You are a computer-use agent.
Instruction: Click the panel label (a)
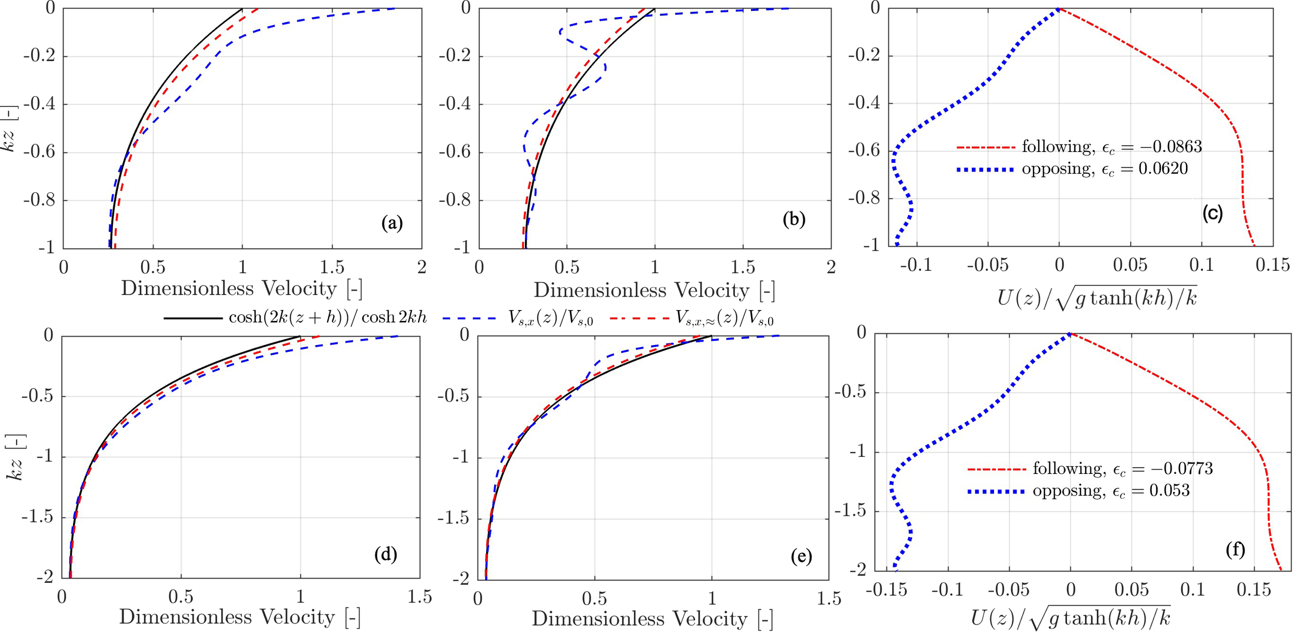392,223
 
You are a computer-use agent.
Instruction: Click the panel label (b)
794,219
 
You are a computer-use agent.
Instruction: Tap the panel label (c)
1212,213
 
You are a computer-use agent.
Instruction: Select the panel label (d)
385,554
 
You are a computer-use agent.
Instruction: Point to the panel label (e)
801,557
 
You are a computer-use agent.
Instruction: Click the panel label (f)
1235,549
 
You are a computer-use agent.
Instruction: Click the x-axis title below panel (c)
1096,299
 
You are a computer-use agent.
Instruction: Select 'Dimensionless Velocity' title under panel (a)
242,288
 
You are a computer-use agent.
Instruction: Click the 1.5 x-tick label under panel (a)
332,267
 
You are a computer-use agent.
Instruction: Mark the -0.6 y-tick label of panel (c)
864,151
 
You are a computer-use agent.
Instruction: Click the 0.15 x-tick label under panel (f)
1253,590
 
